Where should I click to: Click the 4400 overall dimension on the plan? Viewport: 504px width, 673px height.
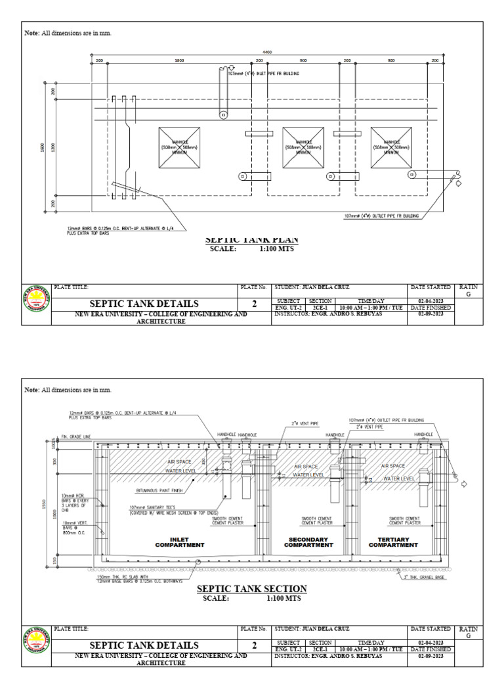(x=267, y=52)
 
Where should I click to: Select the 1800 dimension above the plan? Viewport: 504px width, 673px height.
(x=178, y=60)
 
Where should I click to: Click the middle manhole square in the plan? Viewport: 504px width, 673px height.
(x=303, y=146)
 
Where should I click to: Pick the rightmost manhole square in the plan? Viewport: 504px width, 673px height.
(x=391, y=146)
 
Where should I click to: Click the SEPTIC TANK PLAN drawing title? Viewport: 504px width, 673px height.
(x=252, y=240)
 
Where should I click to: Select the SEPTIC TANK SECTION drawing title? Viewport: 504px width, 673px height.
(x=252, y=589)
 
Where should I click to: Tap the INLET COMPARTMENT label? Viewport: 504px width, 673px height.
(x=179, y=542)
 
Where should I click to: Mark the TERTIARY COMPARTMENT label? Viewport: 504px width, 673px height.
(x=393, y=542)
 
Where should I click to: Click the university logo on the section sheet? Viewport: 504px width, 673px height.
(x=37, y=645)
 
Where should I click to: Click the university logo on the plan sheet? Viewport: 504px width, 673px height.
(x=37, y=305)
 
